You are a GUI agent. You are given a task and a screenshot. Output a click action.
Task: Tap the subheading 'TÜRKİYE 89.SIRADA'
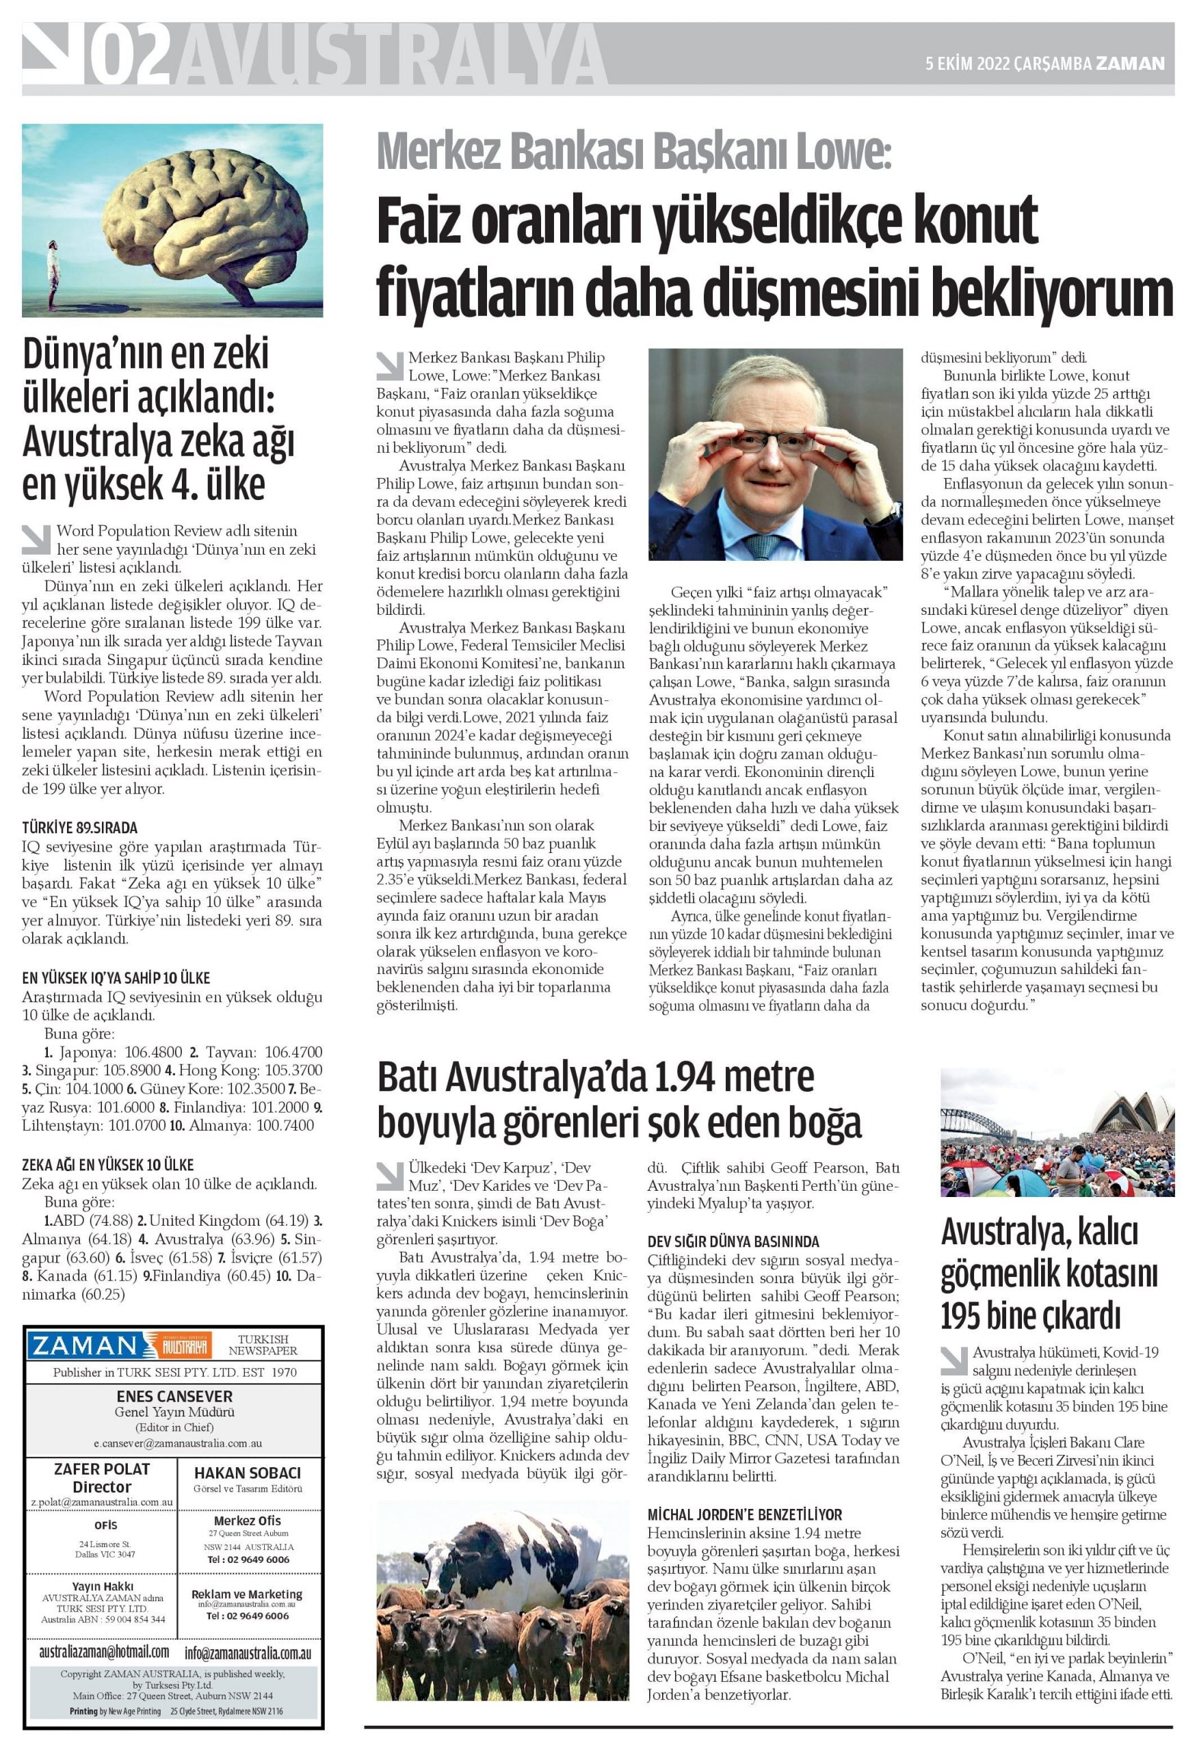click(x=80, y=828)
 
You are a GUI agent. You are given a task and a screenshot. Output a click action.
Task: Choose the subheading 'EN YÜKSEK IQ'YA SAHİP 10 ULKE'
click(x=116, y=978)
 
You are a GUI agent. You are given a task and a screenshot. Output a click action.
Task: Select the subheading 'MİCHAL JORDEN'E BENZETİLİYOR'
click(x=745, y=1514)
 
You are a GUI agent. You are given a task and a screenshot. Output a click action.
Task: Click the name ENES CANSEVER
click(x=174, y=1396)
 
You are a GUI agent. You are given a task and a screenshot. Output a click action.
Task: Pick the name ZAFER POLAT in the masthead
click(x=102, y=1469)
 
